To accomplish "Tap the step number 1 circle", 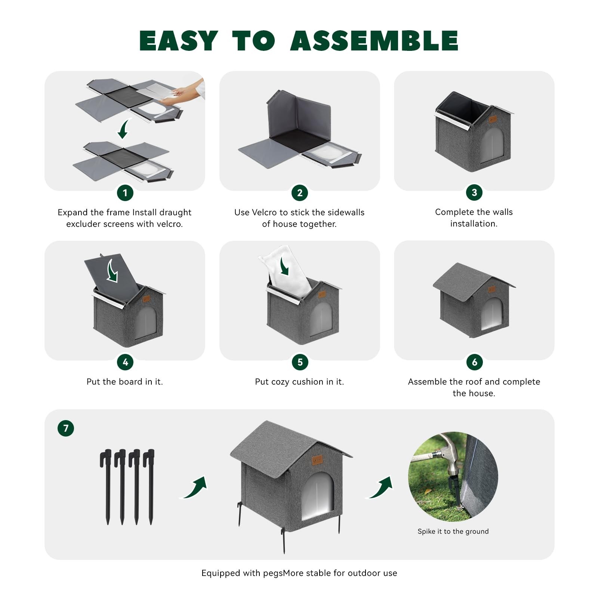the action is (125, 193).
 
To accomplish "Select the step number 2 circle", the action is (300, 193).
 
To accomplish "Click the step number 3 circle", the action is (474, 192).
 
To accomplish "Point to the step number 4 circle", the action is (125, 362).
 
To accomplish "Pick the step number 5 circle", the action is (300, 362).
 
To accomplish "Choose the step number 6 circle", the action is (474, 362).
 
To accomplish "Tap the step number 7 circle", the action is (66, 428).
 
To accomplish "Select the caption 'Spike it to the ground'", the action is (453, 531).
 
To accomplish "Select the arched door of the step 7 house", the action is (318, 496).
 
